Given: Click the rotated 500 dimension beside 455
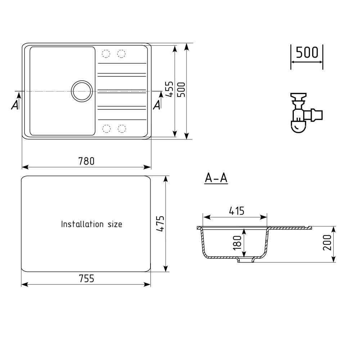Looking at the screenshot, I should (x=181, y=89).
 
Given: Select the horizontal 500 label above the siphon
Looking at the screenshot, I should (x=307, y=53).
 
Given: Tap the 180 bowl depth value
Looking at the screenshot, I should (x=237, y=243).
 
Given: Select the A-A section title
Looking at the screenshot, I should (x=216, y=178).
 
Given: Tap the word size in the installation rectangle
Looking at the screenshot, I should (x=115, y=224).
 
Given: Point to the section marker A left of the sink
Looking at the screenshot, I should (x=15, y=104).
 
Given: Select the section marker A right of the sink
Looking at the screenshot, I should (x=157, y=104).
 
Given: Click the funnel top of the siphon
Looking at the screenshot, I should (x=298, y=97).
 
